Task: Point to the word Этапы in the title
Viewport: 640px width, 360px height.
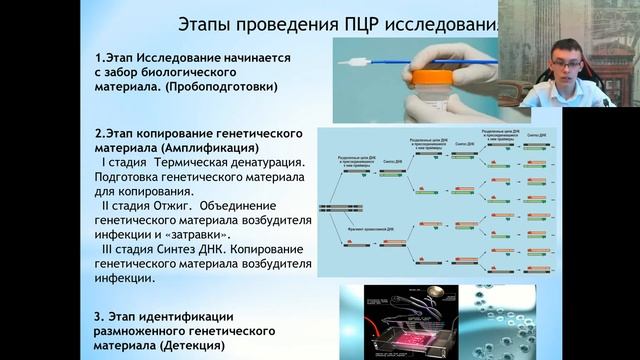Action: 204,23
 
